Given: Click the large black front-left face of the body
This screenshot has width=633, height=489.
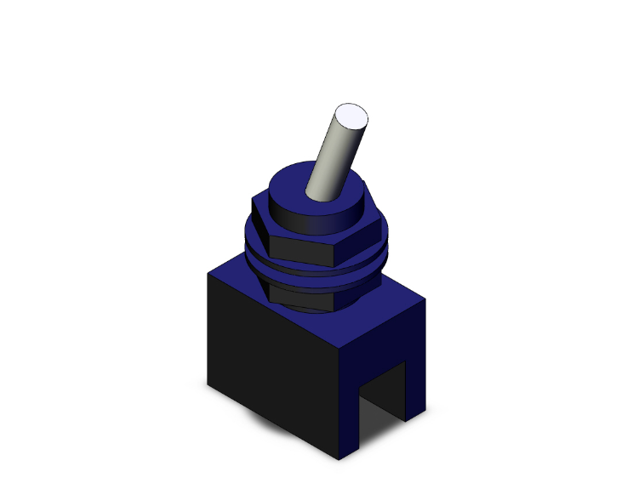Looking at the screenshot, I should pyautogui.click(x=272, y=366).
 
